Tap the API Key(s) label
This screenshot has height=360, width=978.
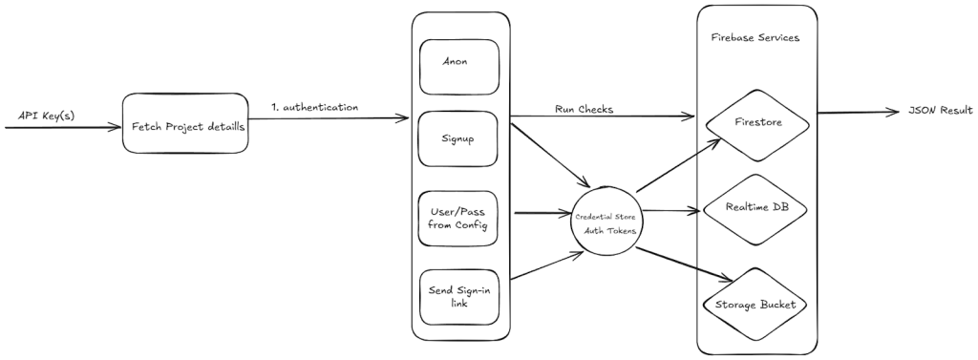[x=46, y=116]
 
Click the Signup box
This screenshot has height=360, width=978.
[x=458, y=139]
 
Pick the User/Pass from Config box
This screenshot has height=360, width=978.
[x=458, y=217]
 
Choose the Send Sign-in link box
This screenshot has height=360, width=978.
[x=458, y=295]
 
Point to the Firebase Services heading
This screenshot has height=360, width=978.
[x=755, y=38]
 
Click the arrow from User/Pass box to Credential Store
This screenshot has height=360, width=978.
[x=541, y=213]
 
